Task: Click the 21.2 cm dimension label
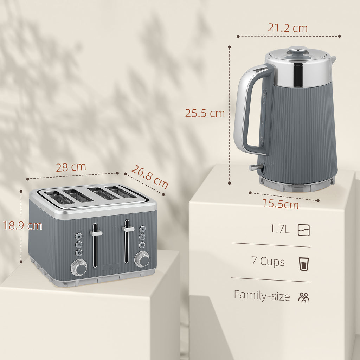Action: [288, 28]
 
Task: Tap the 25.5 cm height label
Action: [205, 113]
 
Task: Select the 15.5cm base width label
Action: [281, 204]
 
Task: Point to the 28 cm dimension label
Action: [71, 167]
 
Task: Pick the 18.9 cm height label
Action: [23, 226]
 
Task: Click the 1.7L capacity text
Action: [280, 230]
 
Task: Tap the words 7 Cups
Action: [268, 262]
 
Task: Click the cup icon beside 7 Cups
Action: [303, 264]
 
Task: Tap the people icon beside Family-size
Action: [304, 297]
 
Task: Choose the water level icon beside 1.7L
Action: [304, 230]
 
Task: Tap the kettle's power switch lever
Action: [255, 168]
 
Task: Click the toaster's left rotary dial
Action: [79, 268]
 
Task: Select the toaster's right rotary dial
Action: [143, 260]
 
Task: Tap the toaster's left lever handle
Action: [96, 233]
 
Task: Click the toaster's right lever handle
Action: [128, 229]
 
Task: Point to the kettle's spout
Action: [333, 60]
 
